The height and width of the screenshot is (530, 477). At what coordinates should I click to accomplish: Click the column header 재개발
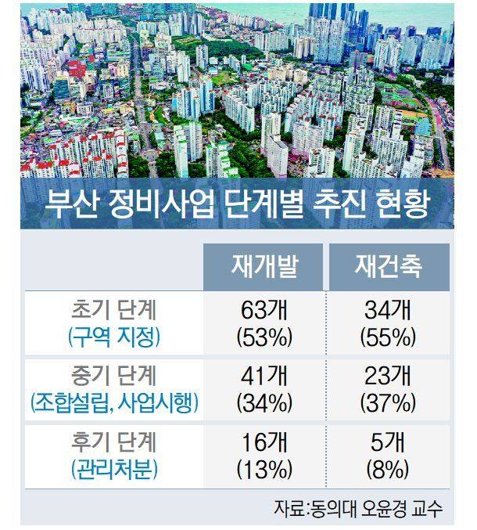point(263,267)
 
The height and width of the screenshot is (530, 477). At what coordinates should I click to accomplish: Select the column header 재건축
point(386,267)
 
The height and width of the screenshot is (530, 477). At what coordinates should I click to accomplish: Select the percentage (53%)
point(263,337)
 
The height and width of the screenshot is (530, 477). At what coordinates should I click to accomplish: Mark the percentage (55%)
point(386,337)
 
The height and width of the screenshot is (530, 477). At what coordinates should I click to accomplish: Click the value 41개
point(263,376)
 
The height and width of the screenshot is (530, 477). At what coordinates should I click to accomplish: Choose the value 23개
point(386,376)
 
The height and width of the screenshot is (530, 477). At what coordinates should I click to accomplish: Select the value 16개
point(263,442)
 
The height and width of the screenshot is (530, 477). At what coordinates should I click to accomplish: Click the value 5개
point(386,442)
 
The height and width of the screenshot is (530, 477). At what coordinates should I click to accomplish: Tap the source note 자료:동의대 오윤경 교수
point(358,509)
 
